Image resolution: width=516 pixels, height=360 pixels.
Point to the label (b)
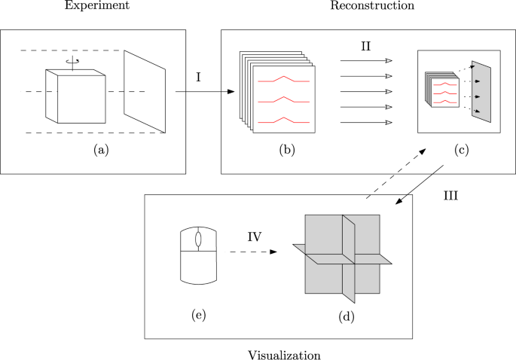pyautogui.click(x=286, y=150)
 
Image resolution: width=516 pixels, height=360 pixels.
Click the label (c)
pyautogui.click(x=462, y=150)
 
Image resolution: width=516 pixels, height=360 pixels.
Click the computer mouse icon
pyautogui.click(x=198, y=256)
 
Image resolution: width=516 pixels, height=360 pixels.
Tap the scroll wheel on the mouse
pyautogui.click(x=198, y=239)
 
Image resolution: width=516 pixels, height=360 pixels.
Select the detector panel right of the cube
pyautogui.click(x=145, y=90)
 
